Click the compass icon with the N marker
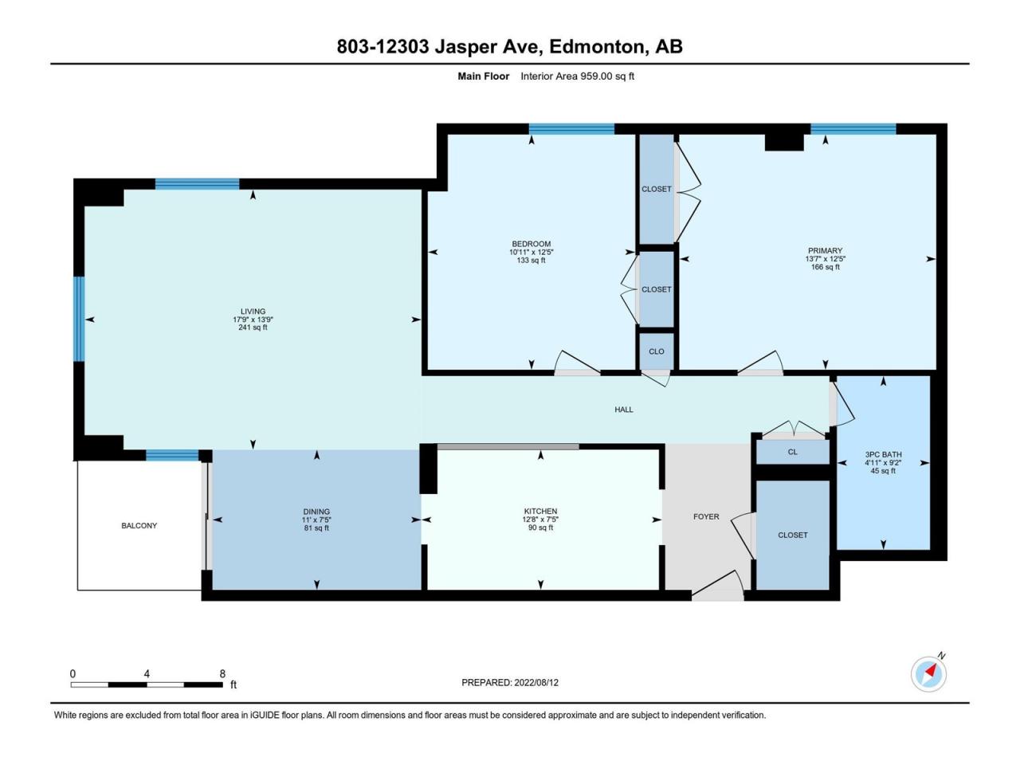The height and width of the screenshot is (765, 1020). click(928, 674)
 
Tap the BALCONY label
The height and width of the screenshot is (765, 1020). click(139, 526)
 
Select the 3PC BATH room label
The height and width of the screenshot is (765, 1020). click(883, 455)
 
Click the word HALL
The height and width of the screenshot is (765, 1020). click(624, 410)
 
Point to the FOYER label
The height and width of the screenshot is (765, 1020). click(706, 517)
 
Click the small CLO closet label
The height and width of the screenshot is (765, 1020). click(657, 351)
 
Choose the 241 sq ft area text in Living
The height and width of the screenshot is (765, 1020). click(253, 328)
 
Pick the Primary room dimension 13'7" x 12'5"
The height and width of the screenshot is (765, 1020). click(825, 259)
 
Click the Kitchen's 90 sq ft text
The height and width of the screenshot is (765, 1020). click(540, 528)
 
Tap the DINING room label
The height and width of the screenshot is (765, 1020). click(316, 512)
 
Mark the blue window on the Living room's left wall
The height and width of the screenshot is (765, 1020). click(79, 319)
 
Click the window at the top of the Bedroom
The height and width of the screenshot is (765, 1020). click(571, 129)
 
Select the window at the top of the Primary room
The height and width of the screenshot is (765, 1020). click(853, 129)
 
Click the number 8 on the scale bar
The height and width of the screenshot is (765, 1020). click(222, 673)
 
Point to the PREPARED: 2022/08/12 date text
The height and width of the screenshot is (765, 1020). click(510, 683)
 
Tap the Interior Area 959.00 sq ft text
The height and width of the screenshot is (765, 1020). click(577, 76)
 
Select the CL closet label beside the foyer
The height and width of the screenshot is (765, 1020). click(792, 452)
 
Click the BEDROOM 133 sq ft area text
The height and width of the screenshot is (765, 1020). click(532, 261)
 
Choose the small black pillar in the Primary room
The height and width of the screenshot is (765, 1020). click(784, 142)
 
